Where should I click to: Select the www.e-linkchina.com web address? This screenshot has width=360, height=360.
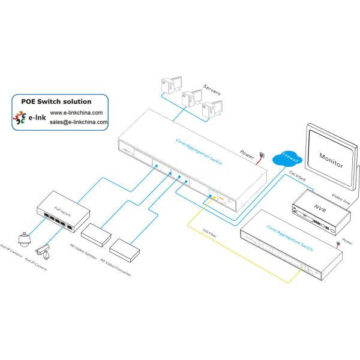click(76, 112)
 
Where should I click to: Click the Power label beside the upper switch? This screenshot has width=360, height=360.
click(248, 152)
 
